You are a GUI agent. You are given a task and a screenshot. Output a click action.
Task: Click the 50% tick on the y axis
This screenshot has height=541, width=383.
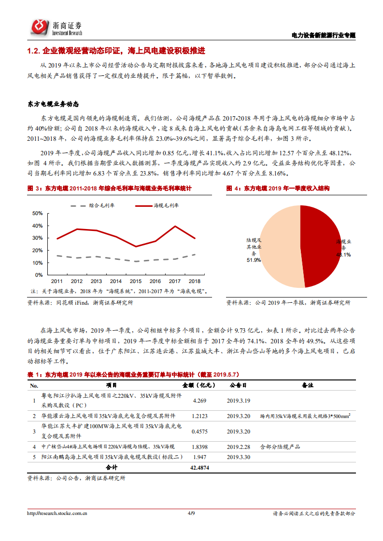tap(37, 213)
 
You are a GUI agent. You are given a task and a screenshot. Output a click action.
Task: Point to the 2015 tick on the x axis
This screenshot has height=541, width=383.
tap(135, 281)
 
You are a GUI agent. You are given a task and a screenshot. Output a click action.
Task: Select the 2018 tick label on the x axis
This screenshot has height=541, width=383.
tap(194, 281)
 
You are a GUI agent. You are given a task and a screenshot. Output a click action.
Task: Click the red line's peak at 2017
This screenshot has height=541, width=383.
tap(175, 226)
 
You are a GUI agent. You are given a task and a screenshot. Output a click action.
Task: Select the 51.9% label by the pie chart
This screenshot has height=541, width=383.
tap(254, 260)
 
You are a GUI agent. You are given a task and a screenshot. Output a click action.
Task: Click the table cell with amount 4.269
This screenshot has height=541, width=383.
tap(199, 400)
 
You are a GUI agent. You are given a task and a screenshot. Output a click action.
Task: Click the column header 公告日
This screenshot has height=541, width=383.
tap(238, 386)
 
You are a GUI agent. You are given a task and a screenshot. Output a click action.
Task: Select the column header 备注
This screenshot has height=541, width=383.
tap(308, 386)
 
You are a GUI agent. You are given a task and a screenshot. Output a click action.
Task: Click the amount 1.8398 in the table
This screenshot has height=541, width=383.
tap(199, 447)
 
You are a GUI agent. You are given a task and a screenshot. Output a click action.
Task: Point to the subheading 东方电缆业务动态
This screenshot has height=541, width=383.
tap(53, 104)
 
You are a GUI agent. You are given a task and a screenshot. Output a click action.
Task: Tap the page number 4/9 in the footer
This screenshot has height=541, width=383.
tap(191, 514)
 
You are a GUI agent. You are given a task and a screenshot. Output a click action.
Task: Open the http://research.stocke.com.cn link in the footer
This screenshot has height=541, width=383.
tap(57, 514)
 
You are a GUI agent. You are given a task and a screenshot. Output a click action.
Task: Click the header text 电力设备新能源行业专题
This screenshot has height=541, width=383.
tap(324, 35)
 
